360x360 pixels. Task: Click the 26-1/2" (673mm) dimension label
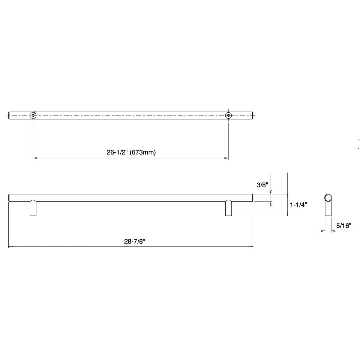pos(131,152)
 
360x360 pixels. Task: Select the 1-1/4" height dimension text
pos(298,205)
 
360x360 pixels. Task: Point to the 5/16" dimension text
pos(343,226)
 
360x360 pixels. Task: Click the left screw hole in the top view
pos(33,115)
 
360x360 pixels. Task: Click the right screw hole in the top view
pos(229,115)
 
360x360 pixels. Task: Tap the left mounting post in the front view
pos(33,208)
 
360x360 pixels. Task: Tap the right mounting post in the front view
pos(229,208)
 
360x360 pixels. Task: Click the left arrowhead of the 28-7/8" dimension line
pos(10,247)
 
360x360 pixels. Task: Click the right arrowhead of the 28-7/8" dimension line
pos(251,247)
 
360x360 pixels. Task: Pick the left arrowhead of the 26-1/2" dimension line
pos(34,158)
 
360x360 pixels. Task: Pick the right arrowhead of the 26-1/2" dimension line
pos(227,158)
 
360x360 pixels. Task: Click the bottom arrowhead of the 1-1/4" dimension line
pos(288,214)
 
